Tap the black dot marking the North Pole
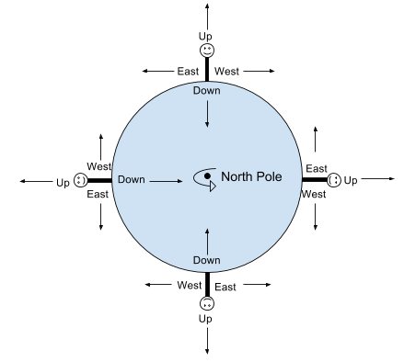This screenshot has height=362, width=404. click(208, 175)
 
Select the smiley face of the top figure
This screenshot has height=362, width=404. click(207, 50)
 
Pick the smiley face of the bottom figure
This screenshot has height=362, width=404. click(207, 303)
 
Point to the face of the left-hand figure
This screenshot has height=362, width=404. click(80, 181)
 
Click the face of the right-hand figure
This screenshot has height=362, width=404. click(334, 180)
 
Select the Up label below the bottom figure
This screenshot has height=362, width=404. click(207, 318)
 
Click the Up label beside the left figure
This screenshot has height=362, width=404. click(63, 182)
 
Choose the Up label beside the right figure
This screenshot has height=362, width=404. click(352, 181)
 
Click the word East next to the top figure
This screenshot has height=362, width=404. click(188, 70)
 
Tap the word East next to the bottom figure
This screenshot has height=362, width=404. click(225, 287)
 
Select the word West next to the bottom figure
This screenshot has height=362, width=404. click(190, 285)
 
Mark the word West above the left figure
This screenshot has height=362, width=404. click(99, 165)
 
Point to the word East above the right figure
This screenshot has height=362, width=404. click(317, 168)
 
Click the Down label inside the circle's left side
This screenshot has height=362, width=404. click(133, 180)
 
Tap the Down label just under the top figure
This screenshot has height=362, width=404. click(207, 90)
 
